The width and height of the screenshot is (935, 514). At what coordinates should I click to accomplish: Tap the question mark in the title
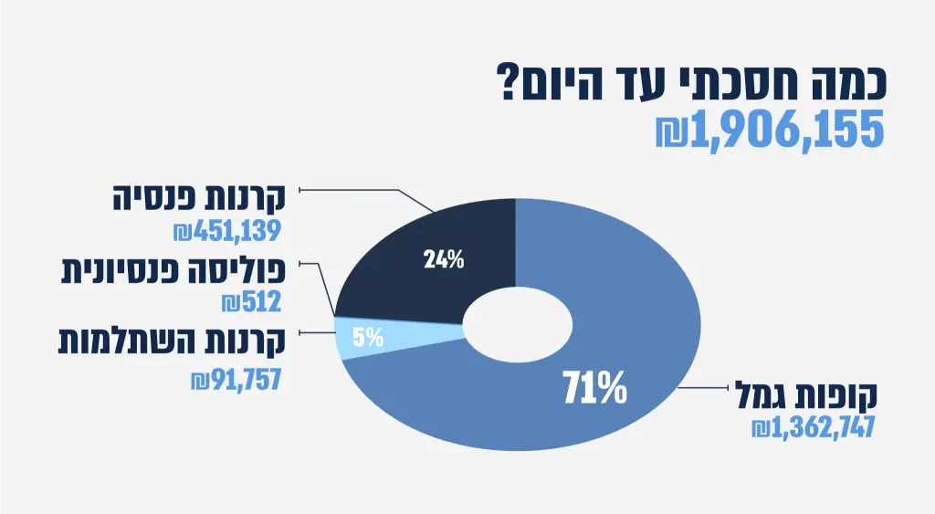click(x=508, y=83)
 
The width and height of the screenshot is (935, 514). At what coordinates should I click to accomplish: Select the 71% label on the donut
click(x=594, y=389)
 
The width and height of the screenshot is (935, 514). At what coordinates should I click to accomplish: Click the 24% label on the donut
click(x=444, y=259)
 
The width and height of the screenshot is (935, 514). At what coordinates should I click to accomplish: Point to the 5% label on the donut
click(x=368, y=339)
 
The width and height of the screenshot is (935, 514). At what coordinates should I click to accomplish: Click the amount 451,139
click(x=236, y=232)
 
